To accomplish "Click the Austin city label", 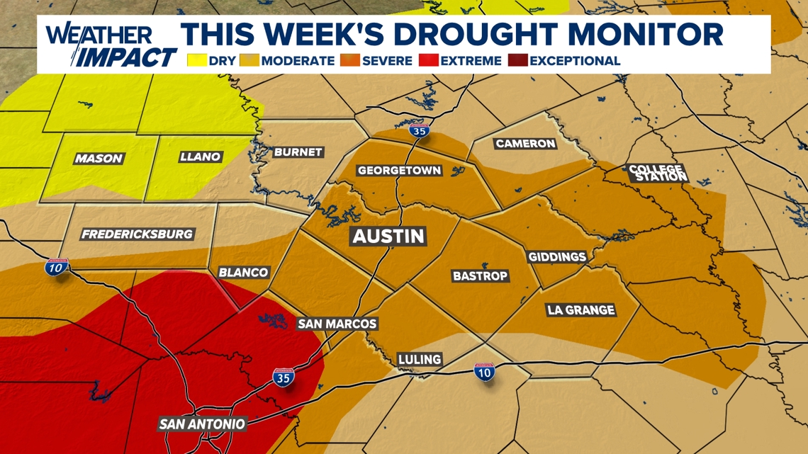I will click(388, 236).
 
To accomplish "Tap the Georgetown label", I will click(399, 171).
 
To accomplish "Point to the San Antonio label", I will click(202, 424).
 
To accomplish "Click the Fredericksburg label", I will click(137, 234).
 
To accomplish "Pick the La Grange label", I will click(580, 310).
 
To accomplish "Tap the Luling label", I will click(420, 359).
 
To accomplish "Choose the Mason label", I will click(99, 159).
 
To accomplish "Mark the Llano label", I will click(200, 157).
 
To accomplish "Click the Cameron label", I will click(525, 143).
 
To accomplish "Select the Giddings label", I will click(557, 256).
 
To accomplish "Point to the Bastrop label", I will click(480, 276).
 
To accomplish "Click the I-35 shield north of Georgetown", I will click(420, 131).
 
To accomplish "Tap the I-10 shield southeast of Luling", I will click(485, 372).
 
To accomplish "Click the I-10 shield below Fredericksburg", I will click(57, 268).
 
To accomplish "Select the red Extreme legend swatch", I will click(427, 61).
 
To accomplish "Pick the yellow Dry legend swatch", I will click(196, 61).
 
